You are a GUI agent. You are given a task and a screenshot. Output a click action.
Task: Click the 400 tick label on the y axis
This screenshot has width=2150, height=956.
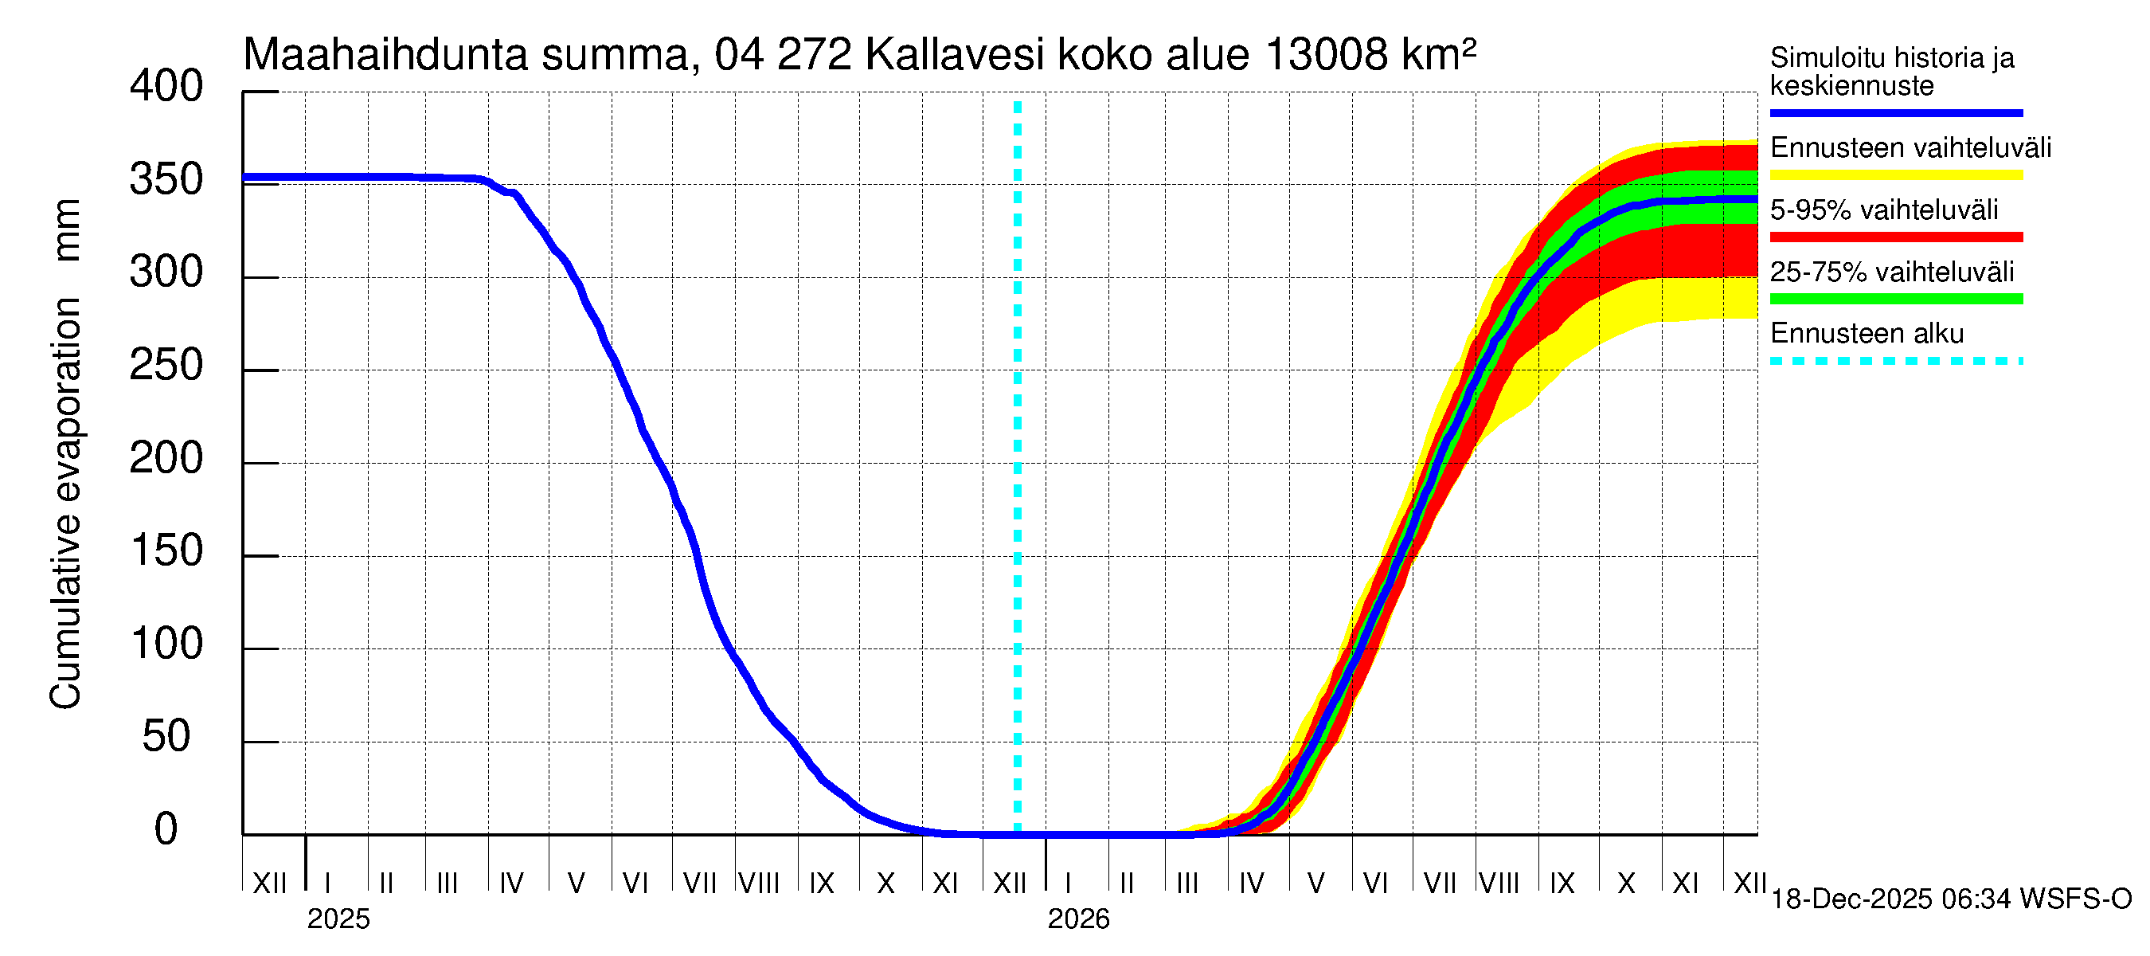(x=166, y=87)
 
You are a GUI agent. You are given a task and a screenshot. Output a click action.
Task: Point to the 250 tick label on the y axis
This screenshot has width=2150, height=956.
(x=166, y=366)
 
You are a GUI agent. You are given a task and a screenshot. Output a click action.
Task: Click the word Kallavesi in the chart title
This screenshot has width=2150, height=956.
(x=954, y=55)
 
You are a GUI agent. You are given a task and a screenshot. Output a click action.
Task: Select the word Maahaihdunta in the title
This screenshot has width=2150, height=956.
(x=385, y=55)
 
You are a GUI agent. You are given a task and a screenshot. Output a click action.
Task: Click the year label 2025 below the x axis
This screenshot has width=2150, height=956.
(x=338, y=919)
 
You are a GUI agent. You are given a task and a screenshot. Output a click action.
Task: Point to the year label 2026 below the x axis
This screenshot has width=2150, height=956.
(x=1078, y=919)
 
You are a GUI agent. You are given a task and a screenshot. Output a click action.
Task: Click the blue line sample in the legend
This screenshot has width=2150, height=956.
(x=1895, y=112)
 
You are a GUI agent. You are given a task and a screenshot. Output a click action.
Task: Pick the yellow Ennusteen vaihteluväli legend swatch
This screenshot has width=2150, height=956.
(x=1895, y=175)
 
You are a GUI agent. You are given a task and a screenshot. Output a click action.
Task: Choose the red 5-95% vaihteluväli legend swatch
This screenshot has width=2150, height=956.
(x=1895, y=237)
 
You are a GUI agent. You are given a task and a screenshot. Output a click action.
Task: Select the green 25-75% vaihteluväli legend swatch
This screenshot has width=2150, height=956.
(x=1895, y=299)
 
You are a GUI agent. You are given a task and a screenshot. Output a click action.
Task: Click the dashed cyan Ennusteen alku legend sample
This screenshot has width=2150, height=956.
(x=1895, y=362)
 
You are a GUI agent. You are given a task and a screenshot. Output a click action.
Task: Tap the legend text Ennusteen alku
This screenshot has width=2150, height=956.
(x=1867, y=334)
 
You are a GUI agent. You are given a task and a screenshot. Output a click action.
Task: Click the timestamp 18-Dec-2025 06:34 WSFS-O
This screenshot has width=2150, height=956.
(x=1950, y=899)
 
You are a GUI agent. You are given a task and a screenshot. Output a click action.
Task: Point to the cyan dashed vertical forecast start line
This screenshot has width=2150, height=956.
(x=1018, y=468)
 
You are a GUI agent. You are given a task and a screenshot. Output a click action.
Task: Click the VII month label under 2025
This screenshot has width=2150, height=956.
(x=699, y=884)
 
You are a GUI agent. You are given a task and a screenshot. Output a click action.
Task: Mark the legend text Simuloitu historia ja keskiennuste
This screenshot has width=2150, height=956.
(x=1891, y=72)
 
